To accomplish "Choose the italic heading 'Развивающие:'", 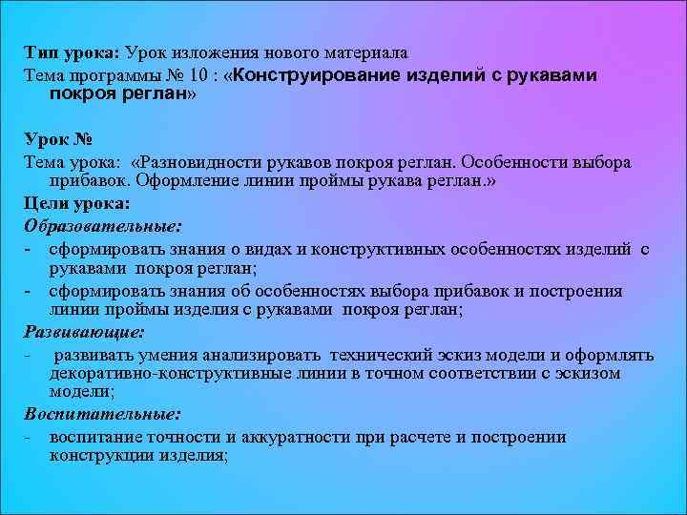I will [x=84, y=333].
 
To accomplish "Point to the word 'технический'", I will [x=382, y=355].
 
